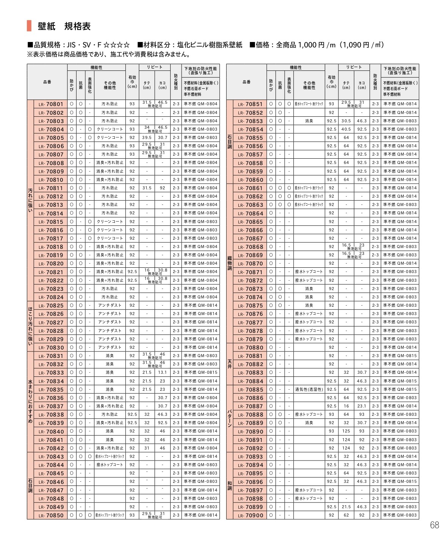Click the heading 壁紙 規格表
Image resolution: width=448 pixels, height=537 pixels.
[64, 26]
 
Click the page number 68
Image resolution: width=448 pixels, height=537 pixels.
[434, 525]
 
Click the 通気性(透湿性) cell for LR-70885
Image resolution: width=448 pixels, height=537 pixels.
[309, 389]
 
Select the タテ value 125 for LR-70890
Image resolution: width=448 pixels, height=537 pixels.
[346, 431]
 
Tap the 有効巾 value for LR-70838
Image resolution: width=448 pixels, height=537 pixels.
[132, 414]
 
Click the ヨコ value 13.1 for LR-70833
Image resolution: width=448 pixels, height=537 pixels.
[162, 372]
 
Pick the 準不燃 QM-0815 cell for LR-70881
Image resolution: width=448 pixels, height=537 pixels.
[400, 356]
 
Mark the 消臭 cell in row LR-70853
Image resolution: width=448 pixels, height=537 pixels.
[309, 121]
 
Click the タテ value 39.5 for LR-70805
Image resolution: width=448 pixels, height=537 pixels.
[147, 137]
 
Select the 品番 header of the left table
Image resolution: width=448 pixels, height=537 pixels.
[47, 82]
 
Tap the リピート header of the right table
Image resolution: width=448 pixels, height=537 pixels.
[354, 67]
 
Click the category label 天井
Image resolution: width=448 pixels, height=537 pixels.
[230, 364]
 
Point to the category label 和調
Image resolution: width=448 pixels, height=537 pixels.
[230, 485]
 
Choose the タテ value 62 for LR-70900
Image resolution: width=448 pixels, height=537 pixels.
[346, 515]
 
